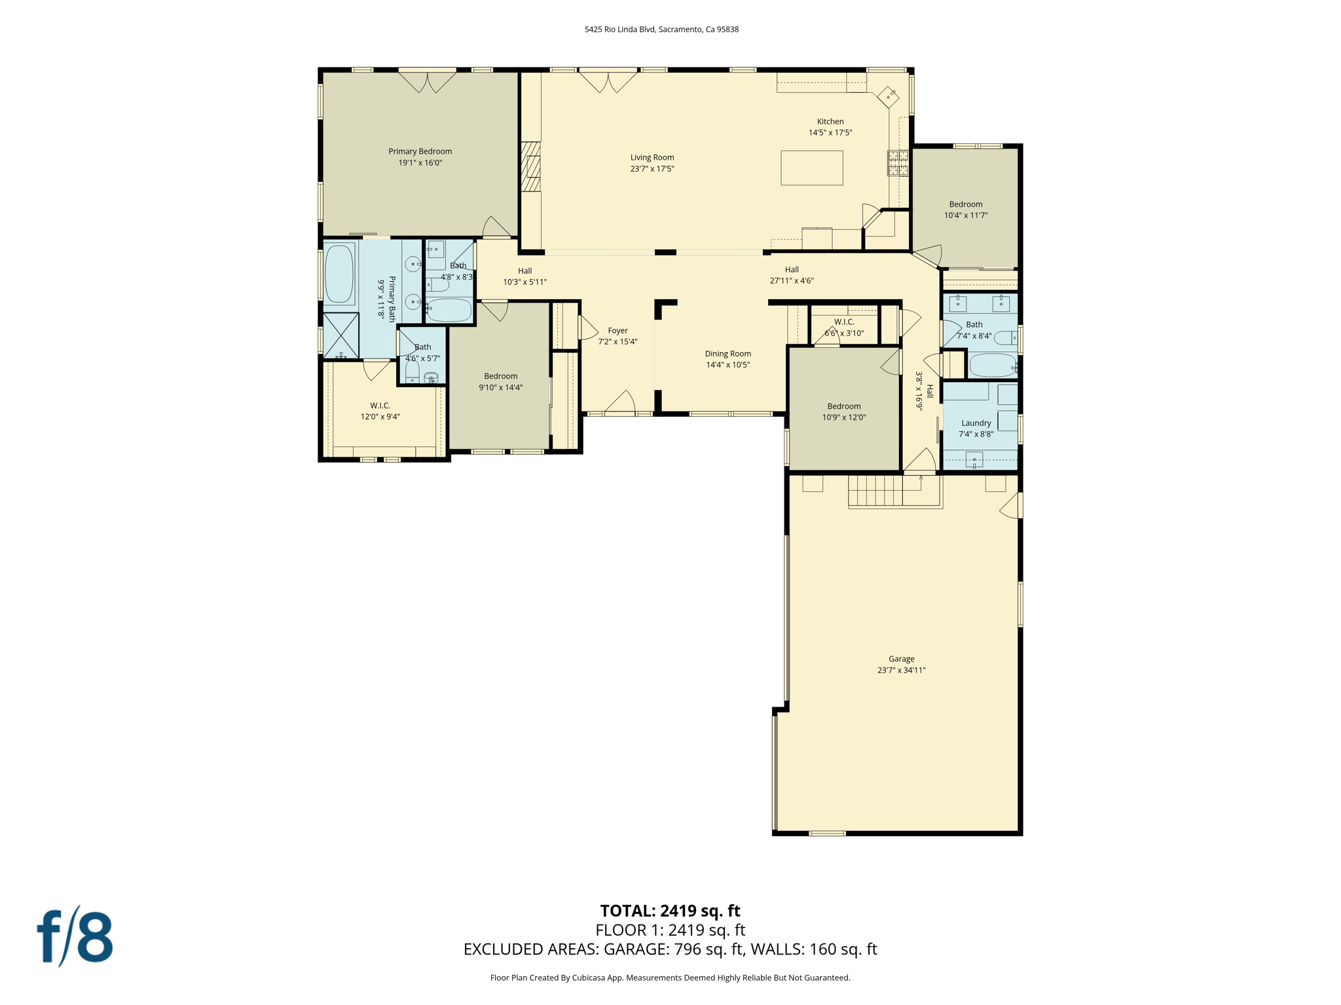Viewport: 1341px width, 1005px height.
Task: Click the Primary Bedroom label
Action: pos(420,151)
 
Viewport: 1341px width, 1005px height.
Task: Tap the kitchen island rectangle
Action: pos(811,168)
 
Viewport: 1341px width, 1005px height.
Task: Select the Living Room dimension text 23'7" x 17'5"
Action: pos(652,169)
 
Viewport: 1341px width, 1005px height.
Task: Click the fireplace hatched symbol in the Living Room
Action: pos(531,167)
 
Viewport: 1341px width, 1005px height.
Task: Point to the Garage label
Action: pos(901,659)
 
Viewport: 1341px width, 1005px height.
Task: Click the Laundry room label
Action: pos(976,423)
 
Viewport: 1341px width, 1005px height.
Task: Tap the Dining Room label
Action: pos(727,353)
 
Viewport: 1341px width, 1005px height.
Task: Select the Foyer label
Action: pos(617,330)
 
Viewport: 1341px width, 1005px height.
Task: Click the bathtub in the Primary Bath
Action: pos(339,273)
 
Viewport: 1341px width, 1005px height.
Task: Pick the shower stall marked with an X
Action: pos(341,335)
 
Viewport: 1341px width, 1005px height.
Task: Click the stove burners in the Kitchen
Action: pos(897,163)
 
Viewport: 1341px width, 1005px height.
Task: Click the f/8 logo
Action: pos(75,936)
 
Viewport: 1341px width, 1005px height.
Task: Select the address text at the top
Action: pos(661,29)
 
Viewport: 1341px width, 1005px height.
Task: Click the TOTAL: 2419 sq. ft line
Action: pos(670,910)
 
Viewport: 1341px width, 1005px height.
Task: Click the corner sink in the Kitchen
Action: pos(888,97)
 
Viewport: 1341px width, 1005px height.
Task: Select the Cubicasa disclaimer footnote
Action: pos(670,978)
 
